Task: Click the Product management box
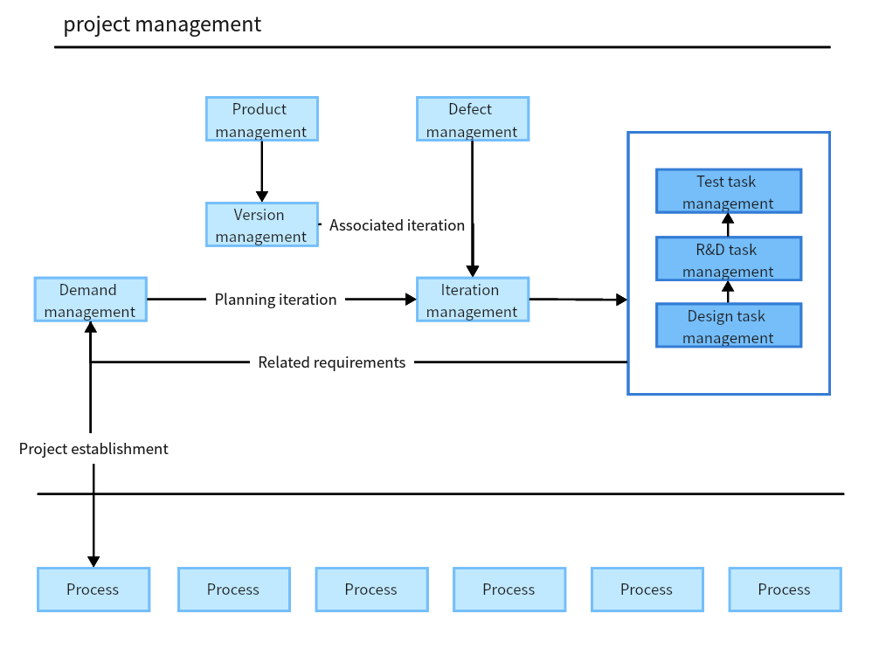coord(261,119)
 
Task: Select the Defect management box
coord(472,119)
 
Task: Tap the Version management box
coord(261,224)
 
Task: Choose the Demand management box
coord(90,300)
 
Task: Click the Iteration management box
coord(472,300)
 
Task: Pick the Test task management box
coord(728,191)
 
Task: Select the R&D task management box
coord(728,259)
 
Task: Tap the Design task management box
coord(728,326)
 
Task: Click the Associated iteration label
coord(397,225)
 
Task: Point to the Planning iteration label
coord(275,300)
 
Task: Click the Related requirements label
coord(331,362)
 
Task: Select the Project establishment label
coord(93,449)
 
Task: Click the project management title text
coord(162,24)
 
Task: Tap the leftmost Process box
coord(93,590)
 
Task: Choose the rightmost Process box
coord(785,590)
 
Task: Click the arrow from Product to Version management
coord(261,171)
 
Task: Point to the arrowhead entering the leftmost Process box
coord(93,562)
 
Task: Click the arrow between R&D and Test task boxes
coord(728,224)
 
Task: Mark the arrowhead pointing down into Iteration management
coord(472,271)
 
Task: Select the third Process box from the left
coord(371,590)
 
